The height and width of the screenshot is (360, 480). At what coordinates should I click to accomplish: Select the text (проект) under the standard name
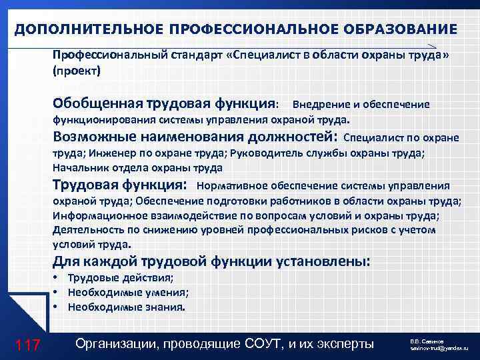tap(76, 70)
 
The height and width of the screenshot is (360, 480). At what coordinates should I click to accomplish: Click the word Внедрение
tap(319, 105)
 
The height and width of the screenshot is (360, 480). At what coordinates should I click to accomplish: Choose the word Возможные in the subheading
tap(93, 137)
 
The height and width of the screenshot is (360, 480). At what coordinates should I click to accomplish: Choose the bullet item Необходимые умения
tap(127, 293)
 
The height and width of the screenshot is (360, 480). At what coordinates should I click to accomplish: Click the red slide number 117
tap(27, 345)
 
